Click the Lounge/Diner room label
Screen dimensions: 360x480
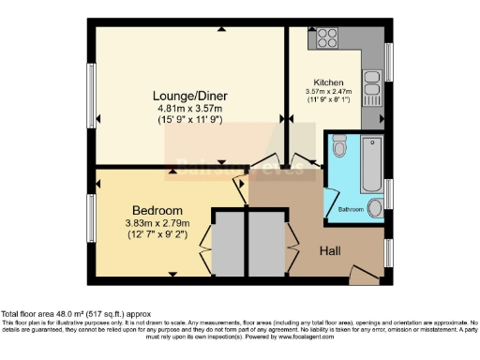click(x=187, y=95)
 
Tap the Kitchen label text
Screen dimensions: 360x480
click(x=328, y=82)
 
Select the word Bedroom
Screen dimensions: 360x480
click(x=157, y=210)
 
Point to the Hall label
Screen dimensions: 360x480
click(x=331, y=251)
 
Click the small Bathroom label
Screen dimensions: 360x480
click(x=351, y=208)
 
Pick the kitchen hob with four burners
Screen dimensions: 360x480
click(x=327, y=38)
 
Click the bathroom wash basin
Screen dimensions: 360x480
click(x=375, y=208)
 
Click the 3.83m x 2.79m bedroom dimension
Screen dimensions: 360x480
click(x=157, y=223)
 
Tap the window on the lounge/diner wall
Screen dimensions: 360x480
click(x=91, y=96)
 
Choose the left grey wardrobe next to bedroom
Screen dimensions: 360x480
click(x=229, y=246)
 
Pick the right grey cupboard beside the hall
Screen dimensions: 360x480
click(x=263, y=246)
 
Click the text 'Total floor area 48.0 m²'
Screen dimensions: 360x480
click(x=56, y=314)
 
